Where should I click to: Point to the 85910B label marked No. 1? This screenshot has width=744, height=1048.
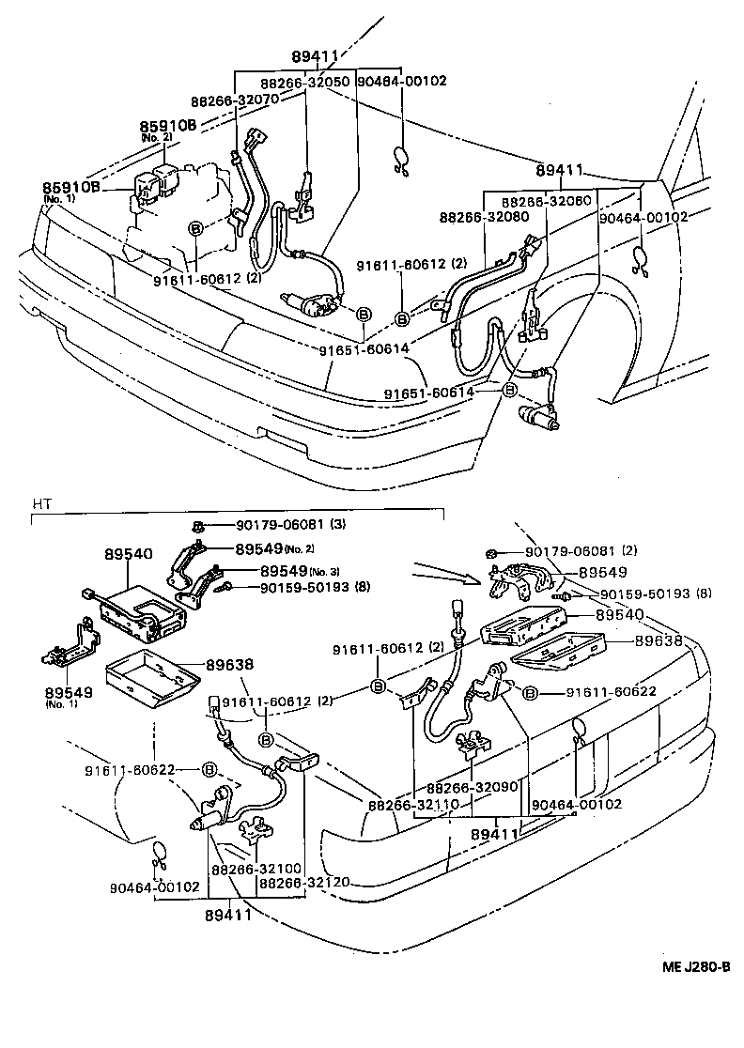[x=70, y=188]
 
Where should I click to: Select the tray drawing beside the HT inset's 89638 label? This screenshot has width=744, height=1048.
[x=152, y=678]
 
